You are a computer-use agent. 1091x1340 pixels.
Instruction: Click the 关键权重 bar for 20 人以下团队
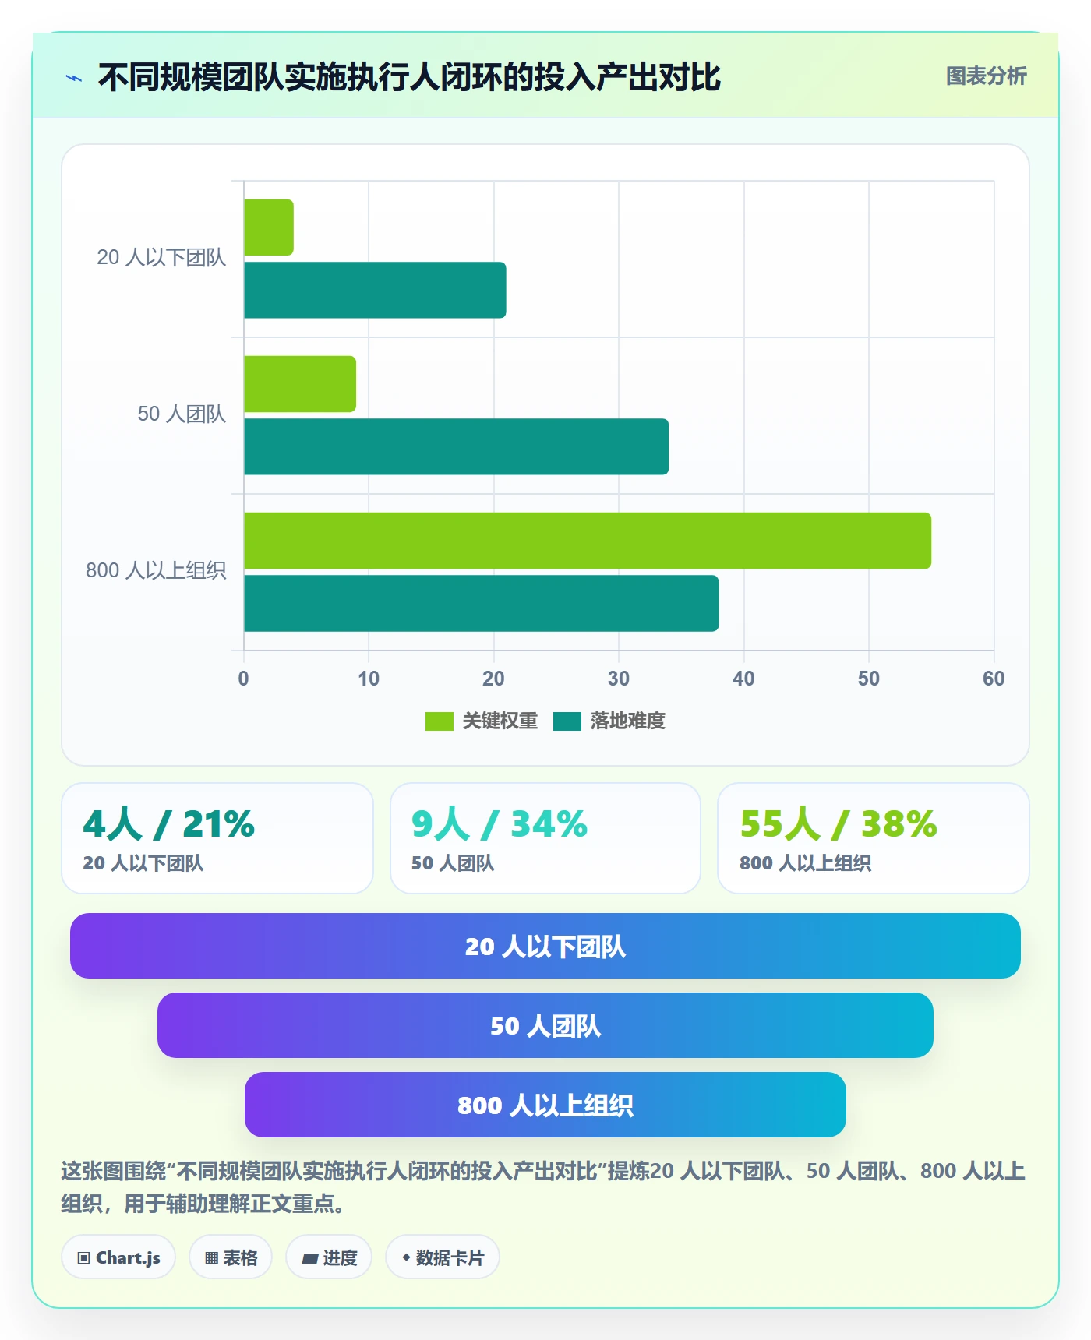269,227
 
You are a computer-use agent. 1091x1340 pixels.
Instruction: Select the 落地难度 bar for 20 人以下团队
375,290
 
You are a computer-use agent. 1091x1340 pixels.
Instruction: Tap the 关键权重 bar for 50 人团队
300,384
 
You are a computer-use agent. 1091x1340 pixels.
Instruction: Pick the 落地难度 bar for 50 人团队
456,446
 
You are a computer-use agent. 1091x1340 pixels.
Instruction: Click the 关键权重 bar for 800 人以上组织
588,541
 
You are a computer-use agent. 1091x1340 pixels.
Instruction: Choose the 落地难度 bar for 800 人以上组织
481,603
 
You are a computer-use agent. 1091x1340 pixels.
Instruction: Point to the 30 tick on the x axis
619,679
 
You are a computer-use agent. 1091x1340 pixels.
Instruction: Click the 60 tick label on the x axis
994,679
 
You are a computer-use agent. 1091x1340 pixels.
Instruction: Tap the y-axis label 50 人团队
182,414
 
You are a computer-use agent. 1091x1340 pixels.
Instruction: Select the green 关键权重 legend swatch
439,721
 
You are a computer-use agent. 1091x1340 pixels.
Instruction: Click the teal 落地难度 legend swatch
567,721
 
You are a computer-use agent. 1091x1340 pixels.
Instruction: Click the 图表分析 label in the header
987,76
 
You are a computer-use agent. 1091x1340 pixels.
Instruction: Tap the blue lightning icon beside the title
74,78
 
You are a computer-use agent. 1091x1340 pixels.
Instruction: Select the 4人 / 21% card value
169,824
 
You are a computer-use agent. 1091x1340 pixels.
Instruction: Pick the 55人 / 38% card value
839,824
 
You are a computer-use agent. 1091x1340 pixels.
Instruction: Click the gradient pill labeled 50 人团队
545,1025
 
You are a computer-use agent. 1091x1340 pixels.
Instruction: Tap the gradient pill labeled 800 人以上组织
545,1105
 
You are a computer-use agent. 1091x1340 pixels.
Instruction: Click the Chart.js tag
118,1257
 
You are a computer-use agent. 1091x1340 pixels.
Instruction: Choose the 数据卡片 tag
443,1257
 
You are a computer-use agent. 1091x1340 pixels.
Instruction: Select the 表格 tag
231,1257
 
